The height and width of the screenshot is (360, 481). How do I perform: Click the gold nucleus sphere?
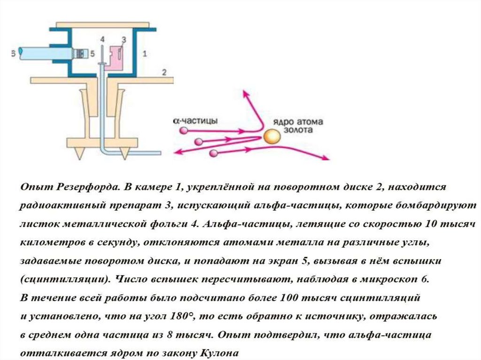(271, 137)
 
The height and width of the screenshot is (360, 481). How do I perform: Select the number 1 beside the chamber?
(145, 54)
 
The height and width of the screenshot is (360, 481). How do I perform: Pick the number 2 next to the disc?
(163, 72)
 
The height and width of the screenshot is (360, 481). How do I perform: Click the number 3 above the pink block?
(124, 38)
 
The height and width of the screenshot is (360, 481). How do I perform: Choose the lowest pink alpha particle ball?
(214, 153)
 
